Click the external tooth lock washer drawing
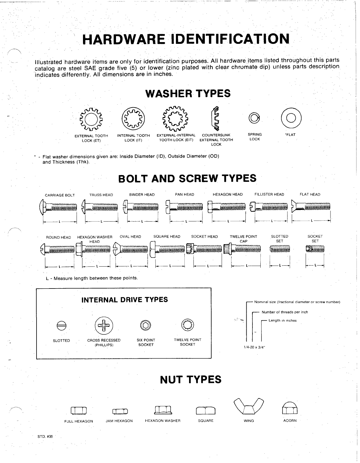tap(91, 119)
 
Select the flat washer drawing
tap(291, 118)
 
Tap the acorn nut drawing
tap(290, 407)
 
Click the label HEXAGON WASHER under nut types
tap(163, 421)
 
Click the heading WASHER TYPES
tap(188, 94)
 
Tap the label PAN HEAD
tap(184, 194)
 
